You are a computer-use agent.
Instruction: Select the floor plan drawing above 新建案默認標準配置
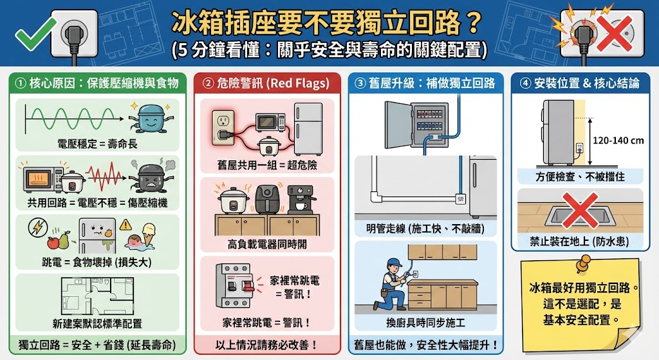[x=97, y=297]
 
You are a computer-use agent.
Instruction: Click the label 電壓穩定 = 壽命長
[x=97, y=144]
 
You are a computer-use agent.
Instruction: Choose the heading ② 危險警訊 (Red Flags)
[x=266, y=83]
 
